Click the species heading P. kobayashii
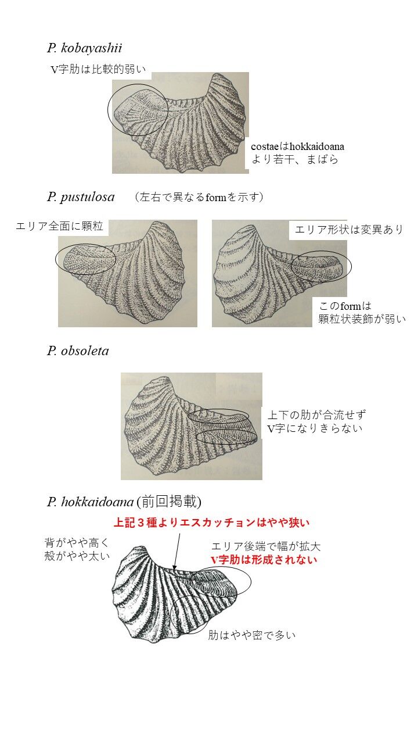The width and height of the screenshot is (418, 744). pyautogui.click(x=85, y=48)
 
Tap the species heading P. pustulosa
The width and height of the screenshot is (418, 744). pyautogui.click(x=81, y=197)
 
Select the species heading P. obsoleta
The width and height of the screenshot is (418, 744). pyautogui.click(x=78, y=350)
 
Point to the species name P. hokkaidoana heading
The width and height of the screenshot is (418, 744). pyautogui.click(x=90, y=502)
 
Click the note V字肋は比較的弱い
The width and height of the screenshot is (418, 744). pyautogui.click(x=98, y=69)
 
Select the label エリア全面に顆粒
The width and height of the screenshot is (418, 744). pyautogui.click(x=59, y=226)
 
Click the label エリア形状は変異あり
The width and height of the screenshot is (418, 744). pyautogui.click(x=349, y=230)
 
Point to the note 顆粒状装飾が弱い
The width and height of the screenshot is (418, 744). pyautogui.click(x=362, y=319)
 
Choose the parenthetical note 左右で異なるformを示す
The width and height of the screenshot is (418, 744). pyautogui.click(x=199, y=197)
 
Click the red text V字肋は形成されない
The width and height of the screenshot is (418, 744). pyautogui.click(x=264, y=560)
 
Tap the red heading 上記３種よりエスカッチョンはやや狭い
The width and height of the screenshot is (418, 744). pyautogui.click(x=212, y=523)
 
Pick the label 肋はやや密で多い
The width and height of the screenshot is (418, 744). pyautogui.click(x=252, y=635)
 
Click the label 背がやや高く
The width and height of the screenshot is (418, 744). pyautogui.click(x=77, y=543)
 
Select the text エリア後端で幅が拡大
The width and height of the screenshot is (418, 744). pyautogui.click(x=266, y=546)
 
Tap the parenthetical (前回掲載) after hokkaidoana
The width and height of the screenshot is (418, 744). pyautogui.click(x=168, y=502)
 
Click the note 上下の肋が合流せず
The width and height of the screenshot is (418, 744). pyautogui.click(x=317, y=415)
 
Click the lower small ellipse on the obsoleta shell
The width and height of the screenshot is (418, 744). pyautogui.click(x=226, y=431)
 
